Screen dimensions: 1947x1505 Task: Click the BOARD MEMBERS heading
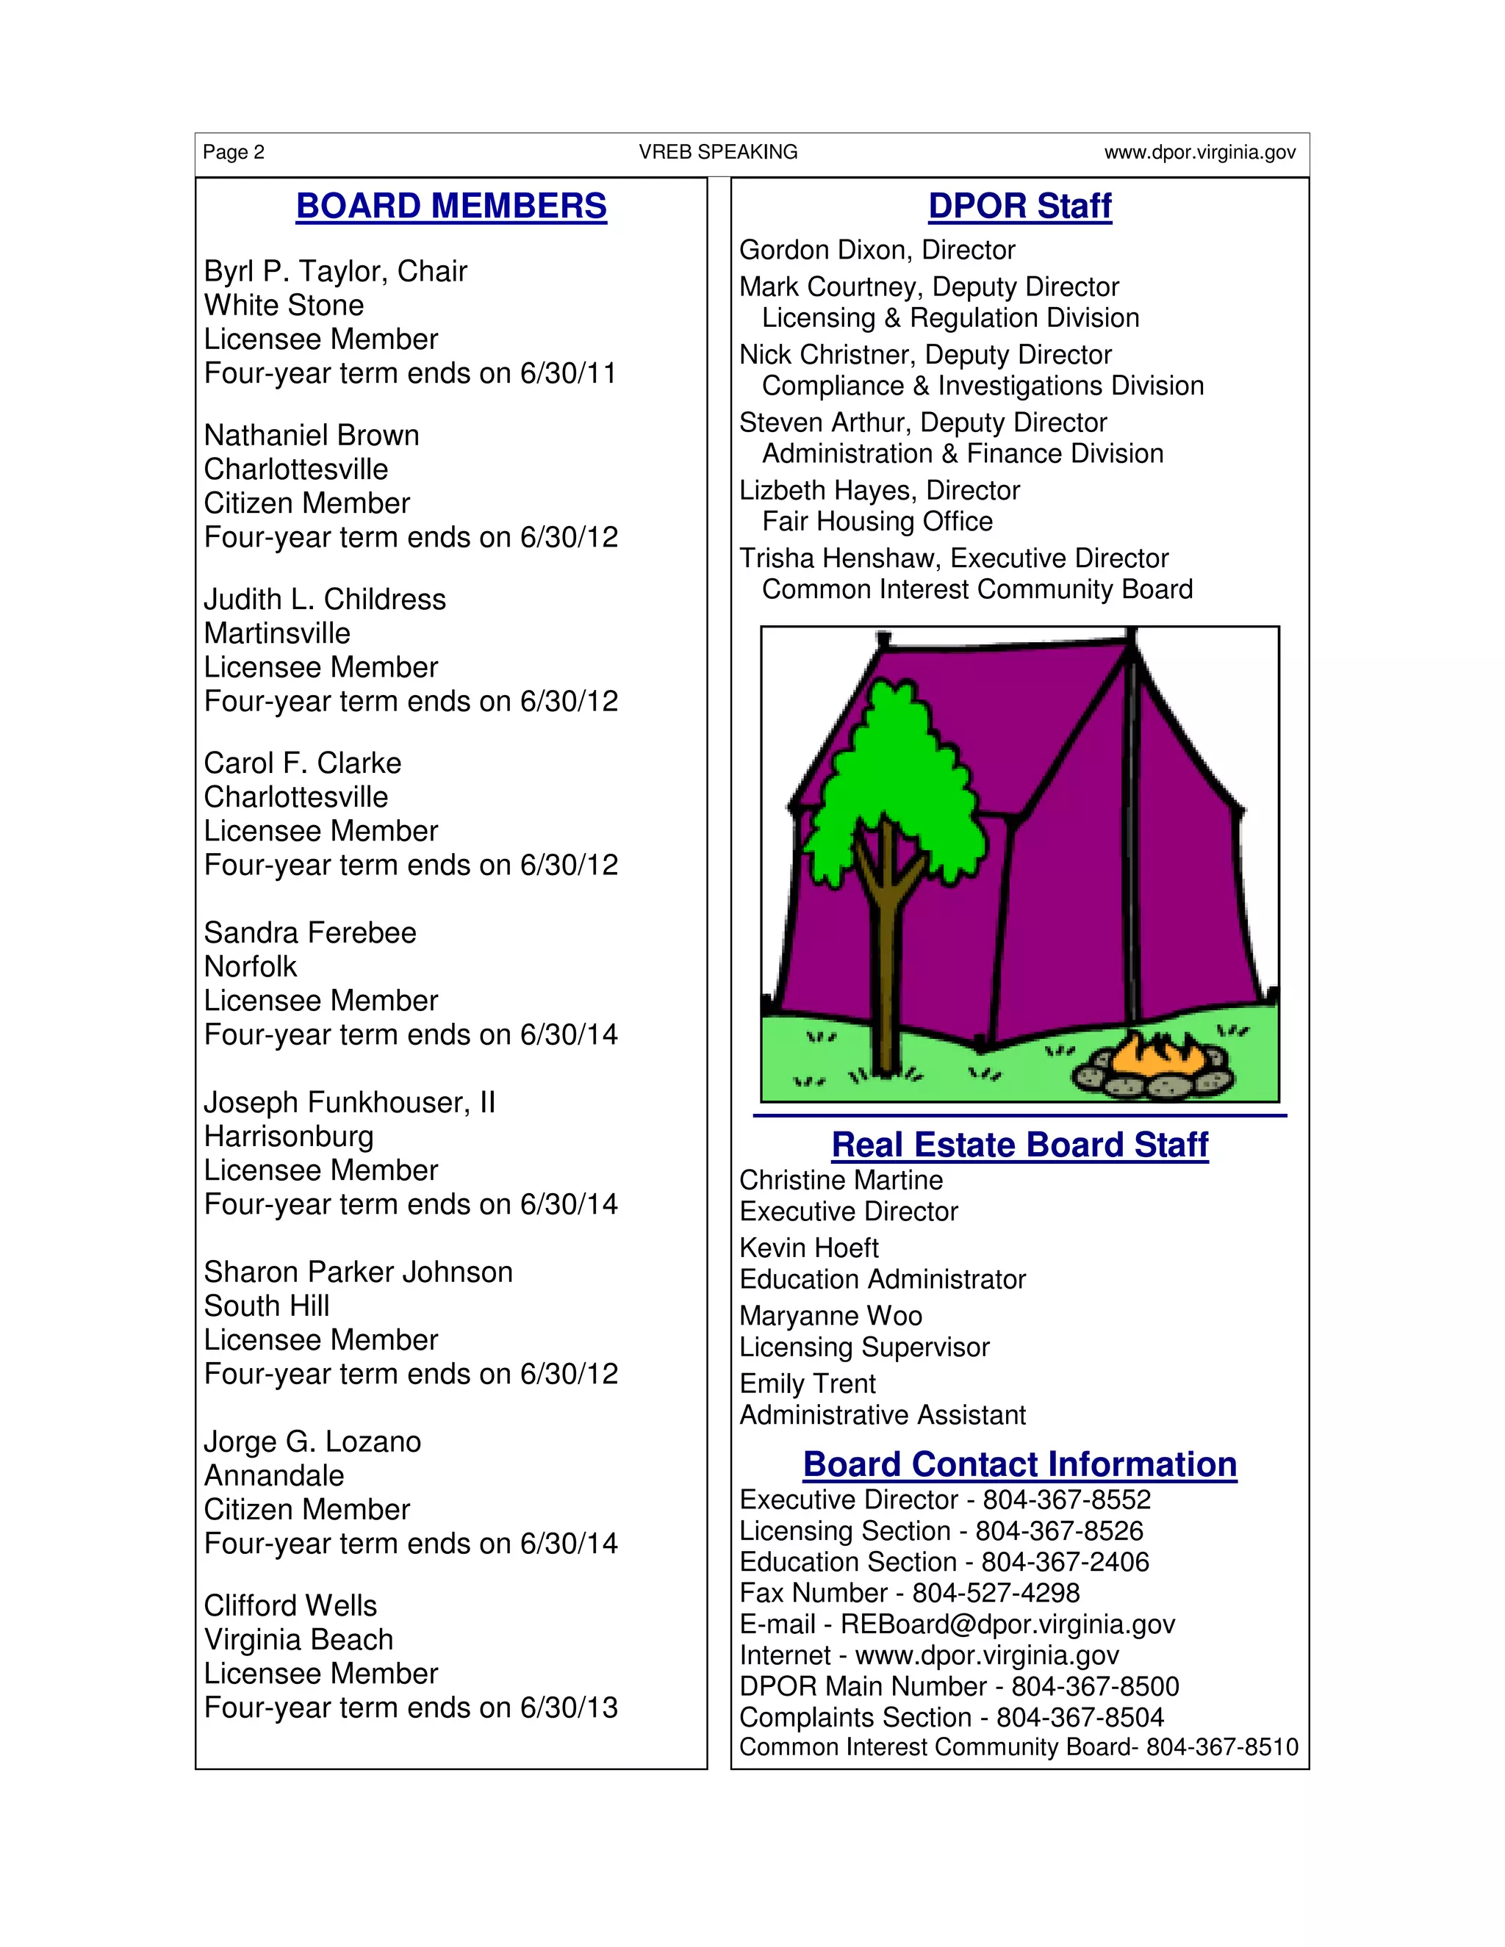click(451, 206)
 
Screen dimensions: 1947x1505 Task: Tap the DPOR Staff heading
click(1019, 206)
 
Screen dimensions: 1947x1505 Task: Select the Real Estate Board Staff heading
click(1019, 1145)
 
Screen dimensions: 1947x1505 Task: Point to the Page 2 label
click(234, 152)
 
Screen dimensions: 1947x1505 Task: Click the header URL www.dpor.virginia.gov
click(1199, 152)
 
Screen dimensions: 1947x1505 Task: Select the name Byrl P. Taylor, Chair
click(335, 271)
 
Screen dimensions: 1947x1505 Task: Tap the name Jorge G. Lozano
click(312, 1442)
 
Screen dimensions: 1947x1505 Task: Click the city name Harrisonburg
click(289, 1137)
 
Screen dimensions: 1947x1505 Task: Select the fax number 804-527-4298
click(995, 1593)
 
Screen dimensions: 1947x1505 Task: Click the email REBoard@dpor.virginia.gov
click(1007, 1624)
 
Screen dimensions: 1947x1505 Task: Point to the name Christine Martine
click(841, 1181)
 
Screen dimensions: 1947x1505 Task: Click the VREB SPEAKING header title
click(718, 152)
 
